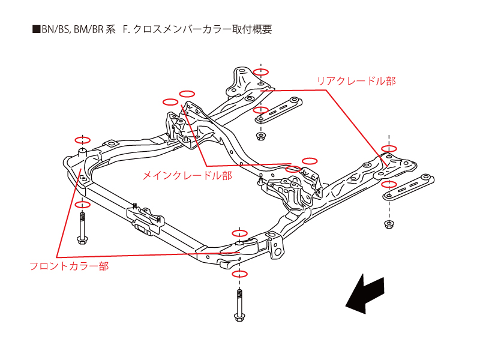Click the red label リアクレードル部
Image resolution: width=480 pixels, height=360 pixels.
tap(356, 80)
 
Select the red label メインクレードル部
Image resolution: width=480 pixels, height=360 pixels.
tap(187, 176)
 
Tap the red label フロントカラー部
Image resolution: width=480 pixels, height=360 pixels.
tap(69, 266)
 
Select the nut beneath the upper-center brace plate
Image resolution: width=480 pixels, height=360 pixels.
tap(260, 136)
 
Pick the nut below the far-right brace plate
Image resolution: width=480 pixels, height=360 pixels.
tap(389, 224)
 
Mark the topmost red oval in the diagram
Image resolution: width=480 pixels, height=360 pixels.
tap(260, 72)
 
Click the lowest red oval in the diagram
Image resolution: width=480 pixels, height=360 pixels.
tap(240, 274)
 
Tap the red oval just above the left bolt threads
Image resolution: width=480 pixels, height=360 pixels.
tap(82, 205)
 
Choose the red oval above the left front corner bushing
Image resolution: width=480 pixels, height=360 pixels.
tap(82, 137)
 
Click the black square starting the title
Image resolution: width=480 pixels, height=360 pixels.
tap(35, 29)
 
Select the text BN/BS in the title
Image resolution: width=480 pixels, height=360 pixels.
tap(53, 29)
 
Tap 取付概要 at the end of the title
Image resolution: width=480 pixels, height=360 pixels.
tap(253, 29)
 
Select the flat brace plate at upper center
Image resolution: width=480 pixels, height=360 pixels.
tap(280, 109)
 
